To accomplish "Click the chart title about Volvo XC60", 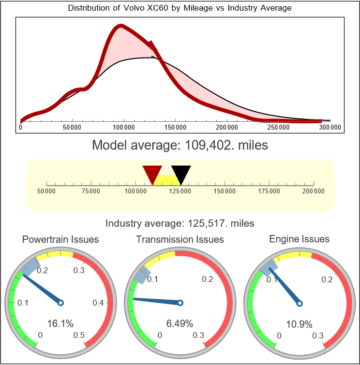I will tap(180, 8).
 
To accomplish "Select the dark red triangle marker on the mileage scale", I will tap(152, 174).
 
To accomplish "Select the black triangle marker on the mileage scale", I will tap(181, 174).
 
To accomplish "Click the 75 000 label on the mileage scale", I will tap(91, 191).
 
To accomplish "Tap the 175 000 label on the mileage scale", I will tap(269, 191).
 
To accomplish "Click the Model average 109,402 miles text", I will tap(180, 145).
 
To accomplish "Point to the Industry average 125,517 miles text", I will tap(180, 223).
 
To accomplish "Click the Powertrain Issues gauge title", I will tap(60, 239).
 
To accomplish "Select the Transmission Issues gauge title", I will tap(180, 239).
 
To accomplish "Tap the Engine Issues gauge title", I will tap(300, 239).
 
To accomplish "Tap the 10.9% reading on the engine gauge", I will tap(300, 323).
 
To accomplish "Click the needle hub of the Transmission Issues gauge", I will tap(180, 303).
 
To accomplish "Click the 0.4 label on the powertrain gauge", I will tap(98, 303).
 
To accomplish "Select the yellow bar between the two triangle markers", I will tap(167, 179).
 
